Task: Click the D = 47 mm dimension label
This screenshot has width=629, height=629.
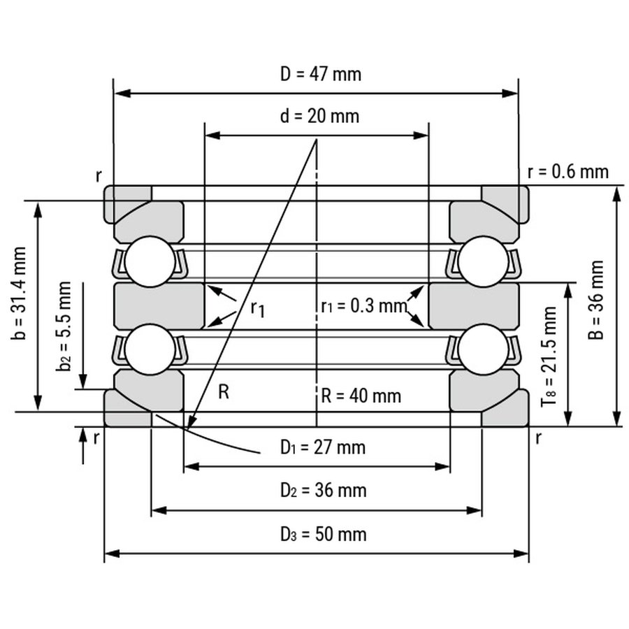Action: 321,74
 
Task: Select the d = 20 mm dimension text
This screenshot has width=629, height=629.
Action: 319,116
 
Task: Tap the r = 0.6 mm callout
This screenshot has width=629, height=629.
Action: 568,172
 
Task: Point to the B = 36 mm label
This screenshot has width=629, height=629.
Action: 596,300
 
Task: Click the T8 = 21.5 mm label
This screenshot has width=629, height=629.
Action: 549,356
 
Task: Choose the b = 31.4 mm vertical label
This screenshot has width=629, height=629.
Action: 19,294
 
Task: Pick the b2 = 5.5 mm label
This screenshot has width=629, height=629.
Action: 64,326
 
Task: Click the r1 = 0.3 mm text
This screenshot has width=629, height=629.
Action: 364,306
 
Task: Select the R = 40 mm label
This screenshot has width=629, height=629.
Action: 361,396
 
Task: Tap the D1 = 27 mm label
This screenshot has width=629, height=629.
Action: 323,447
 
